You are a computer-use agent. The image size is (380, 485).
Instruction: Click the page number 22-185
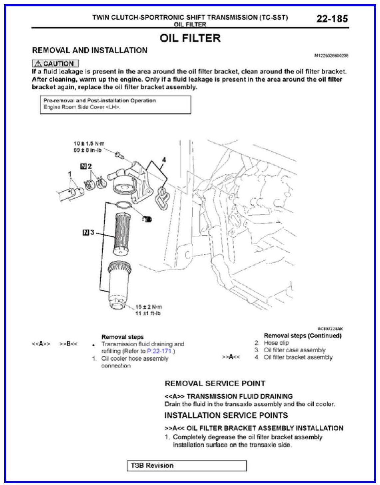[332, 19]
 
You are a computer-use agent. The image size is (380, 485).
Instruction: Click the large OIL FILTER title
[190, 38]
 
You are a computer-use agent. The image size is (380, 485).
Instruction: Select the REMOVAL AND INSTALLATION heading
[90, 50]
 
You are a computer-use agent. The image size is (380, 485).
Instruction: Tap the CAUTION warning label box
[56, 63]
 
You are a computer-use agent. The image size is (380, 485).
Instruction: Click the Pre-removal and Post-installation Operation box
[116, 104]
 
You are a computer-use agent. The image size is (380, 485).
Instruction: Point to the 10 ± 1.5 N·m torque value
[89, 144]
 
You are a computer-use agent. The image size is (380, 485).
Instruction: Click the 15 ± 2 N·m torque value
[149, 307]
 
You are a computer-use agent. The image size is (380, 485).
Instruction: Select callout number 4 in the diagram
[164, 160]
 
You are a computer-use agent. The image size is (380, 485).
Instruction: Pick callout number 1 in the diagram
[70, 174]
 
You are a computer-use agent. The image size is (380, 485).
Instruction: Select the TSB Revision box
[187, 465]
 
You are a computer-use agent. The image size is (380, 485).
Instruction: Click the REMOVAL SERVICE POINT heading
[215, 383]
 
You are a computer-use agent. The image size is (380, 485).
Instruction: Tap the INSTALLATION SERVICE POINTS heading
[226, 415]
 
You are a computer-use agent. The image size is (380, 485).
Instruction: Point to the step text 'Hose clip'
[276, 343]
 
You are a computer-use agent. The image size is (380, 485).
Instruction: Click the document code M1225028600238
[331, 56]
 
